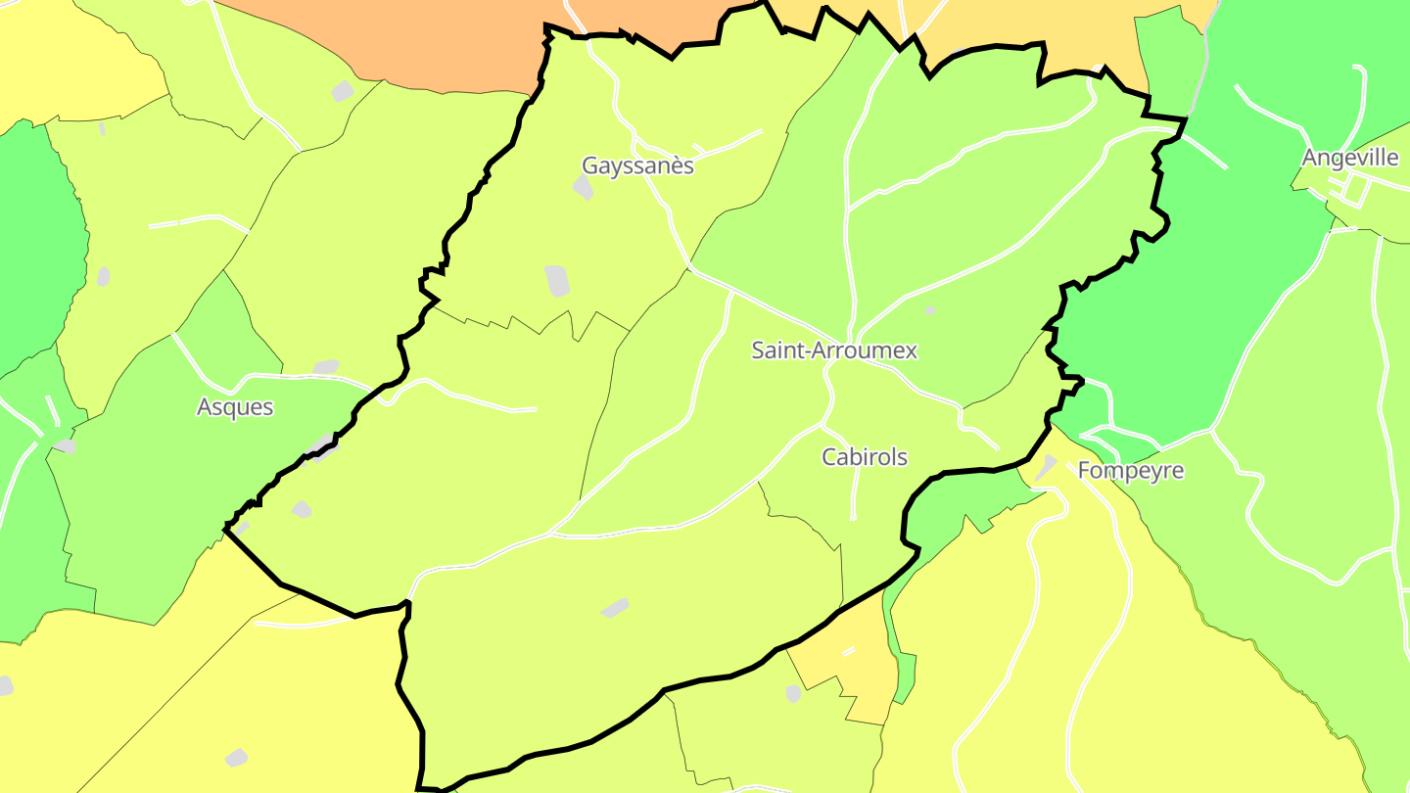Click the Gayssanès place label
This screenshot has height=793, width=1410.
(637, 165)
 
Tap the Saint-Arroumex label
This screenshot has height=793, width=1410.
(834, 350)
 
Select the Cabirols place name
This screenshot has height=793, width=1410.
(865, 457)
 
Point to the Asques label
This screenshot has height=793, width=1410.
(235, 407)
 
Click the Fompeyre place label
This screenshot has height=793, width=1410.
(1131, 471)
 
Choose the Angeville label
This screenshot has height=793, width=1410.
(1350, 158)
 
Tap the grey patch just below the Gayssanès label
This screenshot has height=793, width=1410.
(583, 187)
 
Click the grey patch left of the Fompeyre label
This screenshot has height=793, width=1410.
(1047, 467)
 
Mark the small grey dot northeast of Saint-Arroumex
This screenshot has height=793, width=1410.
(930, 310)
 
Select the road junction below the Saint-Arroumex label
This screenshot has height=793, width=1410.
(828, 367)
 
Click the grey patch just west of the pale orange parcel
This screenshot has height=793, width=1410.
(793, 693)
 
